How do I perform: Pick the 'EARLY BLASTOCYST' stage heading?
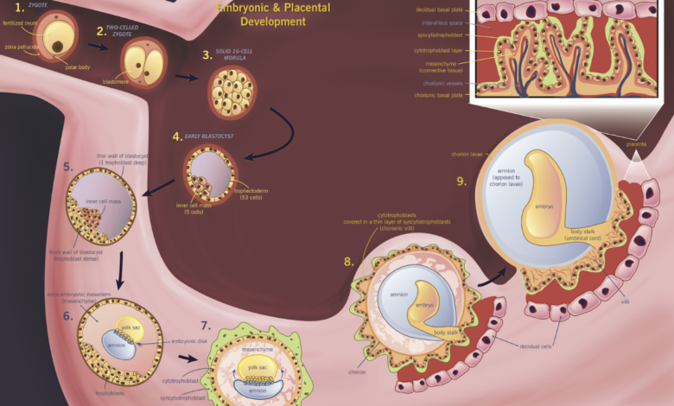(204, 136)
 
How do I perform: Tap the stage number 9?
(461, 181)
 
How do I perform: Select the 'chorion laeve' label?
(467, 155)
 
